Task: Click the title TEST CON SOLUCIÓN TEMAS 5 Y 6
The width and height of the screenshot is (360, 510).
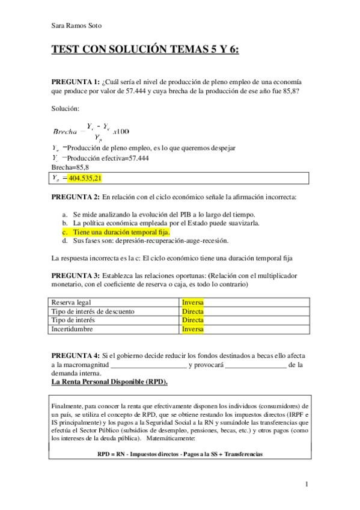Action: point(145,51)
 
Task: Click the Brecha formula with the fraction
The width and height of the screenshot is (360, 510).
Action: point(91,131)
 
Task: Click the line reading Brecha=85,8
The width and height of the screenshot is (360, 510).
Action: point(70,167)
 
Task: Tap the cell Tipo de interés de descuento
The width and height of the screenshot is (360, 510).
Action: point(93,311)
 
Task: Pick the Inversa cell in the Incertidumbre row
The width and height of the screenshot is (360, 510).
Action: point(193,329)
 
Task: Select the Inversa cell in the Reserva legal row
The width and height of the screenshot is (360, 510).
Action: point(193,302)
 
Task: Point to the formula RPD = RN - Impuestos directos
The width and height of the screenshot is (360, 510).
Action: point(180,454)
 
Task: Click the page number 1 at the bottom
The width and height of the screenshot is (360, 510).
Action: point(307,484)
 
